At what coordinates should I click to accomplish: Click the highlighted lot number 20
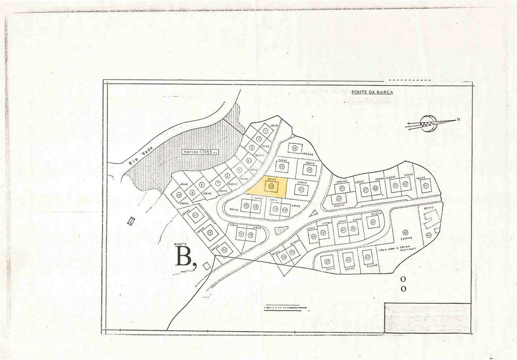click(271, 186)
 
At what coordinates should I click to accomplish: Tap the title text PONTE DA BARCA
click(372, 92)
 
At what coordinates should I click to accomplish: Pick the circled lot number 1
click(265, 131)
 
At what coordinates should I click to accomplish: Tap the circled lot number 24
click(295, 149)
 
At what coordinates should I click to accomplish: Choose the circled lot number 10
click(179, 195)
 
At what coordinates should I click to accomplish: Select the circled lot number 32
click(373, 222)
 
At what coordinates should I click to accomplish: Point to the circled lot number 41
click(367, 257)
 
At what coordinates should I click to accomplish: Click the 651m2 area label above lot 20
click(271, 178)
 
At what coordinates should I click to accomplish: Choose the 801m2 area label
click(429, 208)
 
